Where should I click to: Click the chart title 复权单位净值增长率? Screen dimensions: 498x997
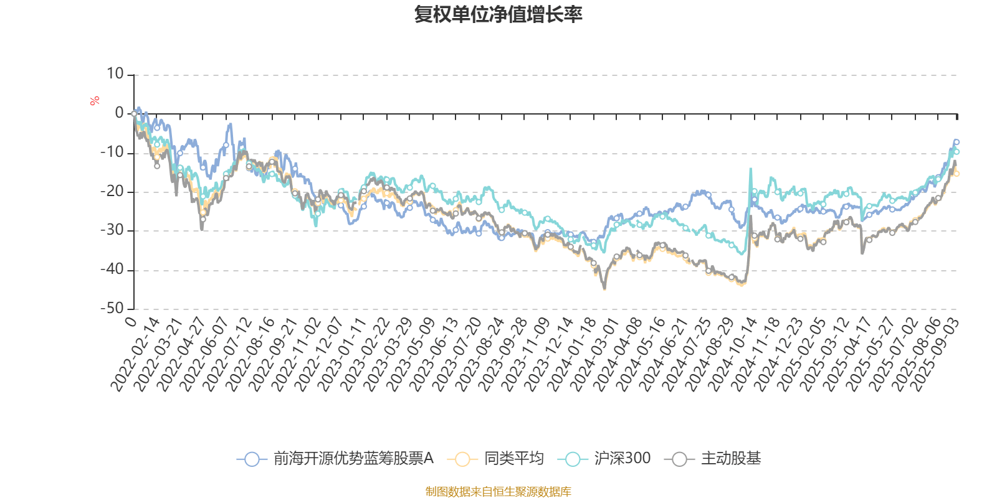point(498,14)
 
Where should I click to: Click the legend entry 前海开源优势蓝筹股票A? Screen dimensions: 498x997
point(353,459)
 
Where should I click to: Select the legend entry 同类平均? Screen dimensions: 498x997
point(514,459)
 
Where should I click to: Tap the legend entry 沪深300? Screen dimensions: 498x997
point(622,459)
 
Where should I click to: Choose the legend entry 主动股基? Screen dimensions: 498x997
point(730,459)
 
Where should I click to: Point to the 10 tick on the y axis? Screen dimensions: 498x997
point(115,74)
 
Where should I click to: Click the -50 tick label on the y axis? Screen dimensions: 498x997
point(112,309)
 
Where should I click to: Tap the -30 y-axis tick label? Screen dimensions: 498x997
point(112,230)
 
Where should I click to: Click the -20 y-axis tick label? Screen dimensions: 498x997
point(112,191)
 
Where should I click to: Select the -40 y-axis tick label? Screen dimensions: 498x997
point(112,270)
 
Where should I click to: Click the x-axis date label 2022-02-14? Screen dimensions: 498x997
point(136,355)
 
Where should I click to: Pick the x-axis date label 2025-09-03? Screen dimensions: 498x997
point(935,355)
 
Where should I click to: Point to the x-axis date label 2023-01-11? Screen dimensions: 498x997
point(343,355)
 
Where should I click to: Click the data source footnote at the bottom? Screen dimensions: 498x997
point(498,492)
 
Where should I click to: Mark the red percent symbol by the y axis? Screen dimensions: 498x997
point(95,101)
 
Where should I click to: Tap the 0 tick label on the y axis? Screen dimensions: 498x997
point(120,113)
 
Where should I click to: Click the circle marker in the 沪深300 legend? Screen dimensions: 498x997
point(573,459)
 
